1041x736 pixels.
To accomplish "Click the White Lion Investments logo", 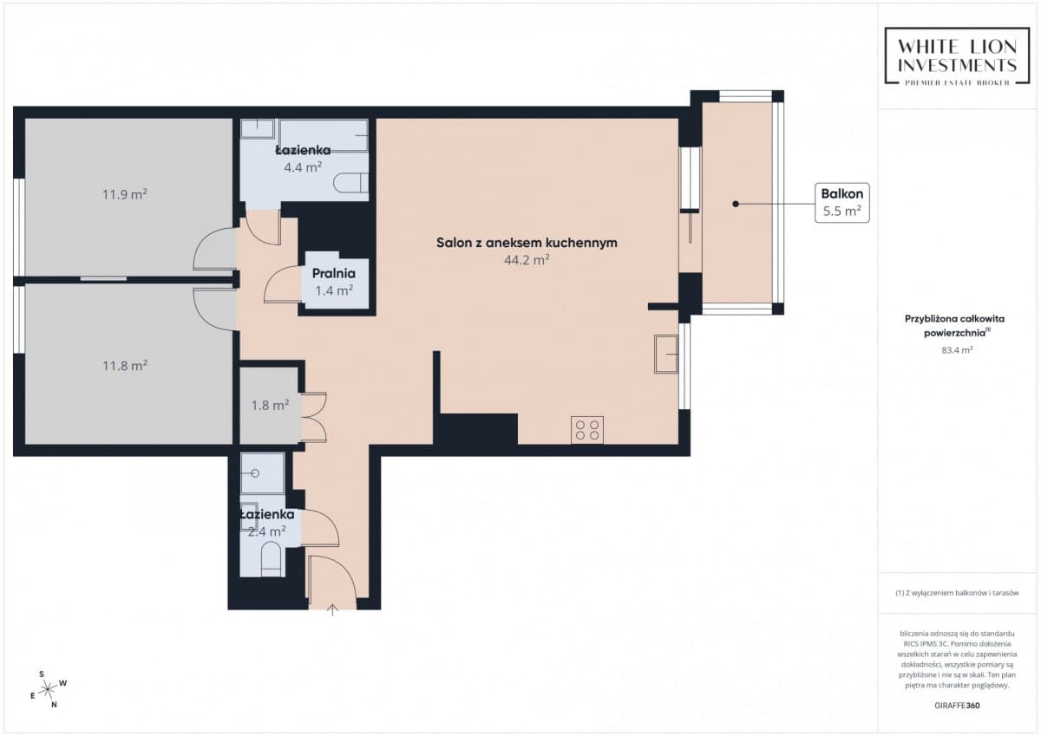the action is point(957,56).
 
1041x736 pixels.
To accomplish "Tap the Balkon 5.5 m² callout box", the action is point(842,203).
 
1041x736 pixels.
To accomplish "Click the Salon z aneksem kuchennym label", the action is point(527,243).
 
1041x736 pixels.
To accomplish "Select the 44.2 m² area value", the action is point(527,260).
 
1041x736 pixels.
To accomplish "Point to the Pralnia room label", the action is point(334,273).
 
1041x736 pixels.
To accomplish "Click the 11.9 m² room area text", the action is point(125,194).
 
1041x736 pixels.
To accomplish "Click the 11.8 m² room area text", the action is point(125,366).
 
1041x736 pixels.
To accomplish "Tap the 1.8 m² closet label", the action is point(270,406).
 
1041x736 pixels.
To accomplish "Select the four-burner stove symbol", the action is point(587,430).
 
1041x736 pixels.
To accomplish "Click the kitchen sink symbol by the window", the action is point(666,355).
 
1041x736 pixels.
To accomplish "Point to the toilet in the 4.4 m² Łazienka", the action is point(350,183).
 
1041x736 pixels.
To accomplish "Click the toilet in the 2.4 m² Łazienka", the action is point(270,560).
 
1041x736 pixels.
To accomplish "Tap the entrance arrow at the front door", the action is point(332,609).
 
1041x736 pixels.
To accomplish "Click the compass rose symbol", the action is point(48,689).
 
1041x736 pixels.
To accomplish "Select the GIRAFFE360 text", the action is point(957,706).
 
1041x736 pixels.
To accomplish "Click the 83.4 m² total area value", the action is point(957,350).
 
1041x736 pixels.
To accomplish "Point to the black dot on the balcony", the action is point(736,204).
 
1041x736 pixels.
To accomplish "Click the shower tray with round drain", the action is point(263,473).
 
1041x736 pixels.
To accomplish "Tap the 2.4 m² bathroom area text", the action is point(266,531).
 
